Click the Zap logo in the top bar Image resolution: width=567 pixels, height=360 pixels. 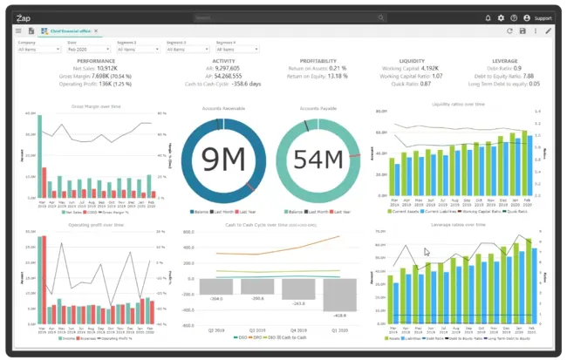(24, 17)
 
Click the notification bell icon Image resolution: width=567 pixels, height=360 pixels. (487, 17)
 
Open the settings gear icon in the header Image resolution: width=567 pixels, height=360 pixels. (501, 17)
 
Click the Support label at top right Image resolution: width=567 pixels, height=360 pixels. (543, 17)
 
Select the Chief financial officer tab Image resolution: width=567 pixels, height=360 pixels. (71, 31)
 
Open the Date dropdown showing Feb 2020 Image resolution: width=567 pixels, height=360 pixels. (88, 49)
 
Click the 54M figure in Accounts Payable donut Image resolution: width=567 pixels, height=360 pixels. (318, 160)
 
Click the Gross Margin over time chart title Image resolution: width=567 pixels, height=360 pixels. (96, 106)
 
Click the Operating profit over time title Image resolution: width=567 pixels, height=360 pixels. (96, 225)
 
